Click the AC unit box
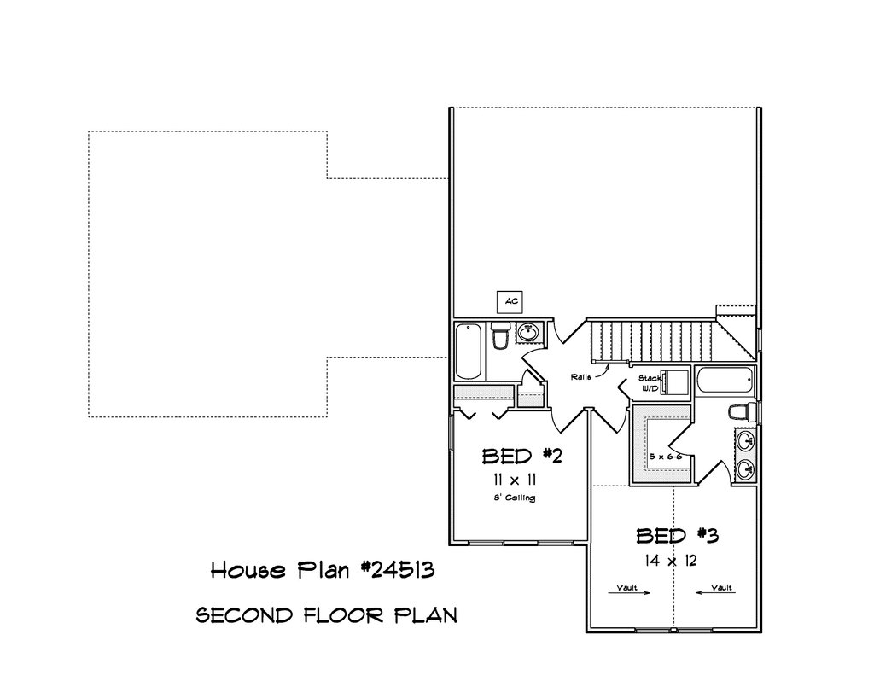510,301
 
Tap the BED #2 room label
521,457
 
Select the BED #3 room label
677,536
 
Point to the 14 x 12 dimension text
671,560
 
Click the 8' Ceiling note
515,498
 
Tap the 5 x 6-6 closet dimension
666,457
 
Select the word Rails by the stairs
580,377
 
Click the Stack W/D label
649,383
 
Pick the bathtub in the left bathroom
469,352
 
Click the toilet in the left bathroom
500,335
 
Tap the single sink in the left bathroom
527,333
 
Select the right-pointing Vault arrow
629,593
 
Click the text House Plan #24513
323,570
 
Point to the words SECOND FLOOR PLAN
327,615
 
